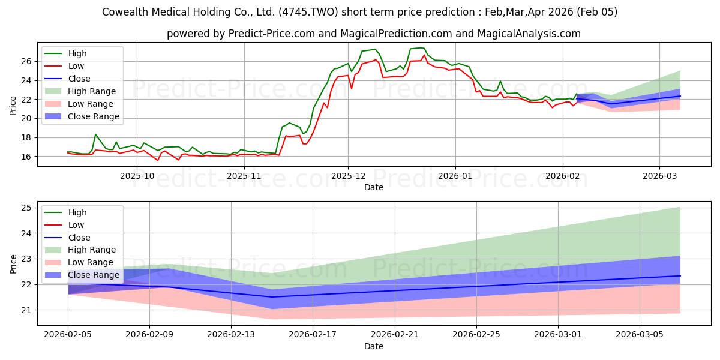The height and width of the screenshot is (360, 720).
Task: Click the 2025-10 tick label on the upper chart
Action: click(137, 175)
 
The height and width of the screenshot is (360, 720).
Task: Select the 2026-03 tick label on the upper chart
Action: click(659, 175)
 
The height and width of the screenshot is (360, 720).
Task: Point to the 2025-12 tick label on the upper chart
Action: click(348, 175)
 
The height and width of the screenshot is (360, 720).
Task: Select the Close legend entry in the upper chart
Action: click(79, 79)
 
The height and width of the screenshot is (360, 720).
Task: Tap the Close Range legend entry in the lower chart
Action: click(94, 275)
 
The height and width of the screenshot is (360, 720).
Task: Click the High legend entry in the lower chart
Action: click(77, 212)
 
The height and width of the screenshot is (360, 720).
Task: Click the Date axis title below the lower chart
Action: click(373, 346)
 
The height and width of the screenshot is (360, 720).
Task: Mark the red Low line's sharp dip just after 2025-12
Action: click(352, 88)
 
